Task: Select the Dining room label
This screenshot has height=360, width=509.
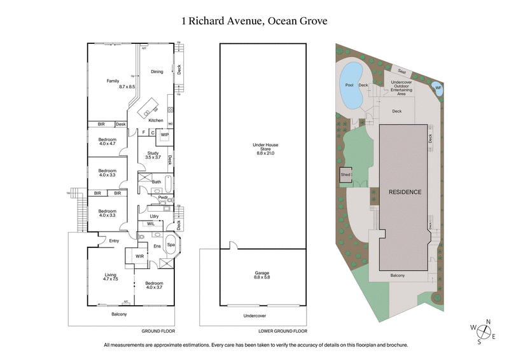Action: (x=157, y=71)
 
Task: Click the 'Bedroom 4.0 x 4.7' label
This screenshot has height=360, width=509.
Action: (x=107, y=142)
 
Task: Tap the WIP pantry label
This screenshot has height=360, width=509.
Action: (x=164, y=135)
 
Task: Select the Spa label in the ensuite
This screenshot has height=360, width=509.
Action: (x=171, y=245)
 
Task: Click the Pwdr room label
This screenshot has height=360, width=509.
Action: (x=154, y=198)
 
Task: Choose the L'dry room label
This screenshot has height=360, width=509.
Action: (x=154, y=216)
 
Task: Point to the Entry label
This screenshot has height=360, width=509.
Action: (x=114, y=240)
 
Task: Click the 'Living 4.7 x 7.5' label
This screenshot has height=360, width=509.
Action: (x=111, y=277)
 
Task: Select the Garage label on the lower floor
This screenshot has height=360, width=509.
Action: (x=263, y=275)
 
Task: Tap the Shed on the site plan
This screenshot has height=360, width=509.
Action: (x=345, y=174)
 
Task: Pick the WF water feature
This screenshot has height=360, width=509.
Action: (x=438, y=88)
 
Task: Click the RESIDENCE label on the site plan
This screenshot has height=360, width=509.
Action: (x=404, y=191)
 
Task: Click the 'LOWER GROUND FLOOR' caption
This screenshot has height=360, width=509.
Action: (x=283, y=331)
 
